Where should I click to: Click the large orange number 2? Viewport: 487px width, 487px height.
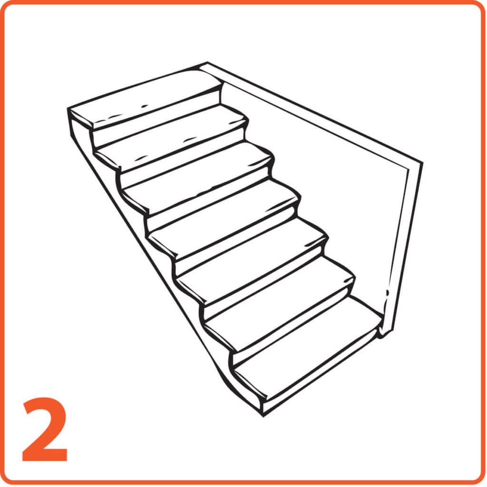pos(45,429)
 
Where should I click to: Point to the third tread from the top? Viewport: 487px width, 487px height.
pos(197,175)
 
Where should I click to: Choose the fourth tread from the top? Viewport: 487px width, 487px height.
pos(224,214)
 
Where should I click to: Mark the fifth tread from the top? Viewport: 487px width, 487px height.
pos(252,253)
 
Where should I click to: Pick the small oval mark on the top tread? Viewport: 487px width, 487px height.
pos(145,106)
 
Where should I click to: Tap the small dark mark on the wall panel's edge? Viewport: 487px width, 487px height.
pos(387,292)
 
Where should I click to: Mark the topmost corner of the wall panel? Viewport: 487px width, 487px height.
pos(207,63)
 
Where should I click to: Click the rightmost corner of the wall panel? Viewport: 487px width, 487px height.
pos(422,163)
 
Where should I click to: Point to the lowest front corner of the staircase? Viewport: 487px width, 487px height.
pos(263,416)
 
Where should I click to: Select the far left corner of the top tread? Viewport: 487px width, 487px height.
pos(68,108)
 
